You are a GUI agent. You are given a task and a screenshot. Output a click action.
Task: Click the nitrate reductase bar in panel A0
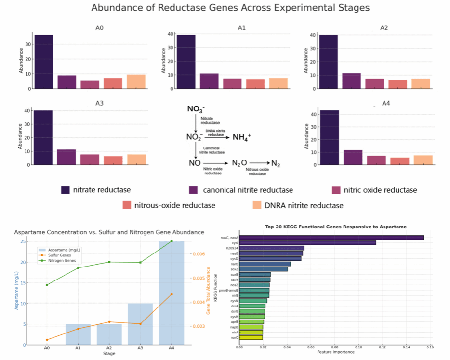click(x=43, y=62)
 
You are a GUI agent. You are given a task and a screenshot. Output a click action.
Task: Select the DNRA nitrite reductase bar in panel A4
click(x=423, y=160)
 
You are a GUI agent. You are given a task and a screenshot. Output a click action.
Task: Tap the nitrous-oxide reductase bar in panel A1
click(x=255, y=84)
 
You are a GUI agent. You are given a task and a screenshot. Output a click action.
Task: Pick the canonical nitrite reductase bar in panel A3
click(x=66, y=157)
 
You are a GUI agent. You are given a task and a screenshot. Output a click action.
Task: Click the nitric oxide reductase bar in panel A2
click(x=374, y=84)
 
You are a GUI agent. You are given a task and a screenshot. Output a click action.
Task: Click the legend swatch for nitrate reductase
click(x=66, y=190)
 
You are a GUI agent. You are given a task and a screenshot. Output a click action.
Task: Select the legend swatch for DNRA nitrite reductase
click(x=257, y=205)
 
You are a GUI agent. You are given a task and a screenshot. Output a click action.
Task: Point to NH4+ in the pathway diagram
click(x=242, y=137)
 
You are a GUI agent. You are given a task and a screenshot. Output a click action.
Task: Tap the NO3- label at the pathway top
click(x=196, y=109)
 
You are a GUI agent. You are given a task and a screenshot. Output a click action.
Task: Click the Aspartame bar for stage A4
click(x=171, y=293)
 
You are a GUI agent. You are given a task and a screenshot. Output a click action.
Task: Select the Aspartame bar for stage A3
click(x=140, y=324)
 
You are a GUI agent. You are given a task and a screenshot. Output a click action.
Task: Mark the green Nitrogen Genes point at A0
click(x=47, y=285)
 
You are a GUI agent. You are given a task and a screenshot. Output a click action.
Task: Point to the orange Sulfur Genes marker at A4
click(x=171, y=294)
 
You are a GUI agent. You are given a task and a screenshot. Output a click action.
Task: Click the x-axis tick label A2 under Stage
click(x=109, y=347)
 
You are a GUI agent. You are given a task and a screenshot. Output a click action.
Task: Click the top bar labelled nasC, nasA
click(x=331, y=238)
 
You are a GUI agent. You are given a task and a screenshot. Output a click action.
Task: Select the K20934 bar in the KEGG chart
click(x=272, y=248)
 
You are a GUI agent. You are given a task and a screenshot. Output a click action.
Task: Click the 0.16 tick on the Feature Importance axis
click(x=429, y=347)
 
